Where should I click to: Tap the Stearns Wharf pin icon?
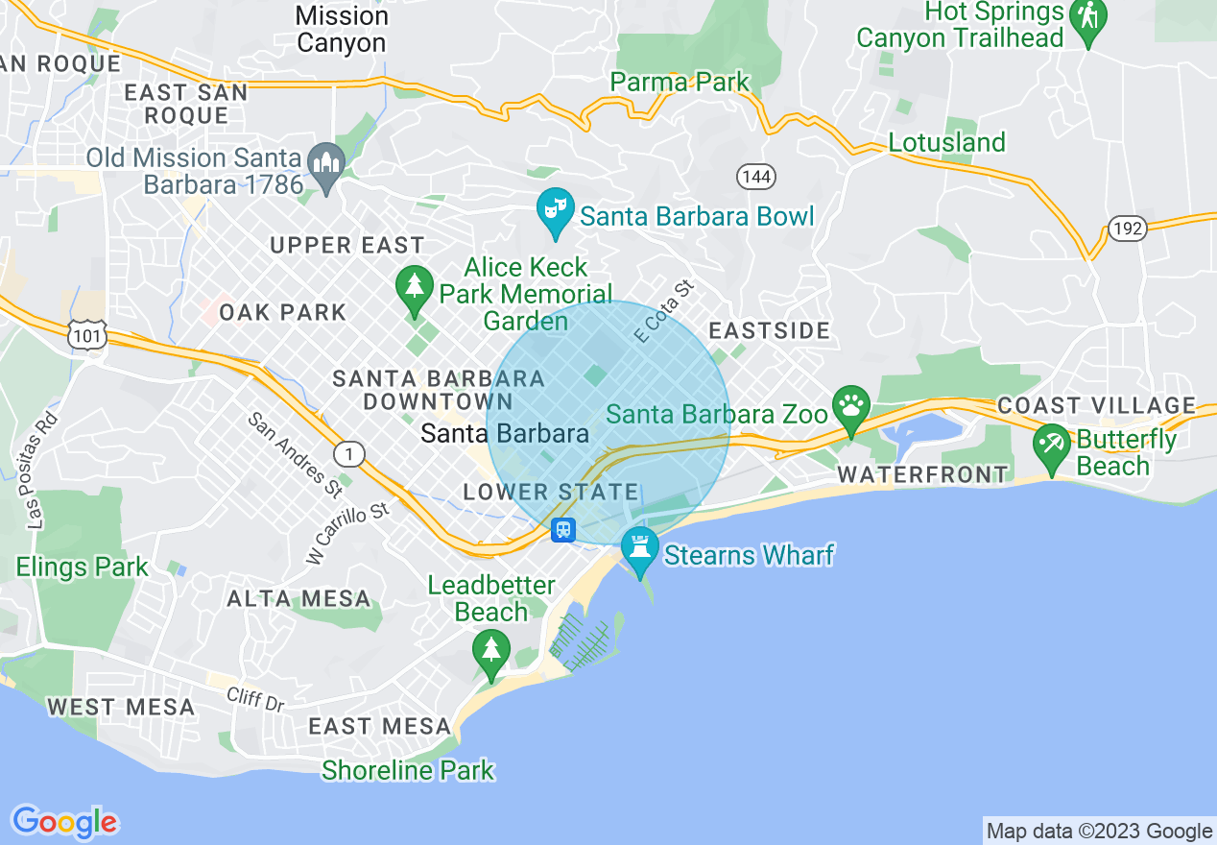(639, 547)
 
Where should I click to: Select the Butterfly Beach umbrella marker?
(1052, 444)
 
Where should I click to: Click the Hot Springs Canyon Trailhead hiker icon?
(1088, 15)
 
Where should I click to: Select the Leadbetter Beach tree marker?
(490, 650)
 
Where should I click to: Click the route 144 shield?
(756, 176)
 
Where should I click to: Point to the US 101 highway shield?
(85, 334)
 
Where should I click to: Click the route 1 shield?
(349, 454)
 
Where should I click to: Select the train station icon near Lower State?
(562, 529)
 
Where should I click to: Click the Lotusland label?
(946, 142)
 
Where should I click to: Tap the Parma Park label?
(680, 83)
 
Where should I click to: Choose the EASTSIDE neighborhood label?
(769, 331)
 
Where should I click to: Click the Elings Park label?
(83, 567)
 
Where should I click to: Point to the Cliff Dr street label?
(256, 698)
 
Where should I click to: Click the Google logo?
(65, 822)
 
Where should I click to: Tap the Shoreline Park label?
(408, 770)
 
